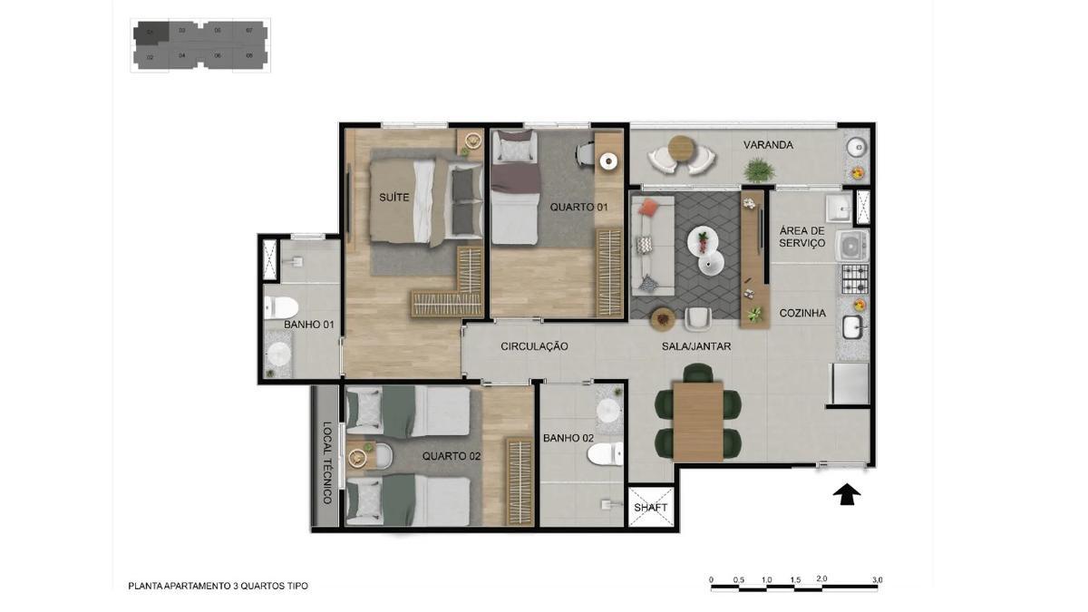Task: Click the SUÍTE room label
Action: (x=394, y=197)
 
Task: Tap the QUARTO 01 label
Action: (x=578, y=207)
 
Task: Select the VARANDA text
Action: (x=768, y=145)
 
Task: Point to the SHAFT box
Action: (x=651, y=508)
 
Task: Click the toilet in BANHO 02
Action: (x=607, y=452)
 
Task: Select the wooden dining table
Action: (x=697, y=421)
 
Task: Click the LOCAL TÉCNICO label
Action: (x=327, y=462)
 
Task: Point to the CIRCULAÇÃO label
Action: (x=534, y=346)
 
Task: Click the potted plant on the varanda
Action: (x=758, y=170)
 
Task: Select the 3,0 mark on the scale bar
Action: (x=877, y=579)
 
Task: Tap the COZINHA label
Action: (x=802, y=314)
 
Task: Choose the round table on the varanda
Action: (x=682, y=148)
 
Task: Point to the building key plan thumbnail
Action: (x=200, y=45)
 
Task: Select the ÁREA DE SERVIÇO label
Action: (x=802, y=238)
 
